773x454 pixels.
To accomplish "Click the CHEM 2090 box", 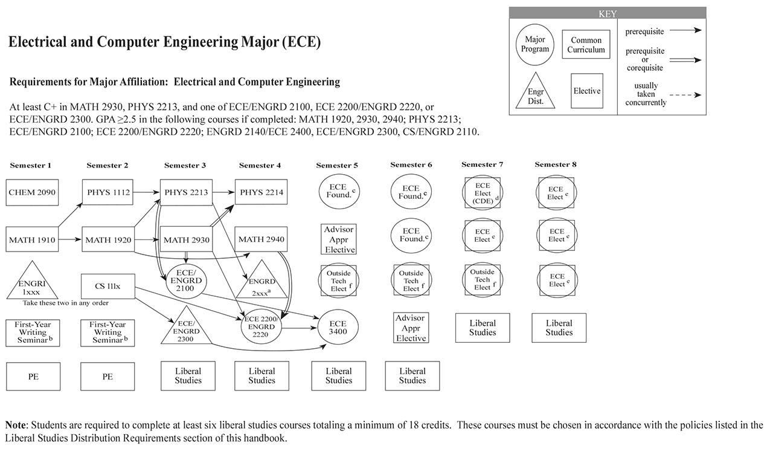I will [33, 192].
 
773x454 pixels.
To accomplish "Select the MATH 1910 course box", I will [33, 240].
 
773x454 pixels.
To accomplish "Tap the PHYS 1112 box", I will [107, 192].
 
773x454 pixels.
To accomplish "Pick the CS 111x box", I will [107, 286].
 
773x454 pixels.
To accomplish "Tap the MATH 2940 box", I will [261, 240].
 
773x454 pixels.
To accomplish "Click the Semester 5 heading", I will [337, 166].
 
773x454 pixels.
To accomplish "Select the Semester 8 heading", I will [556, 164].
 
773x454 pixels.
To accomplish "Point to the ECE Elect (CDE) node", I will [482, 193].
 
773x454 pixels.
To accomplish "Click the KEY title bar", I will [607, 13].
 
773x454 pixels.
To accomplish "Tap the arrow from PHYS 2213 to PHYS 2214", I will [221, 192].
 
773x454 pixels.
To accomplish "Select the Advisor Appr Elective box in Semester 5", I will [339, 239].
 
